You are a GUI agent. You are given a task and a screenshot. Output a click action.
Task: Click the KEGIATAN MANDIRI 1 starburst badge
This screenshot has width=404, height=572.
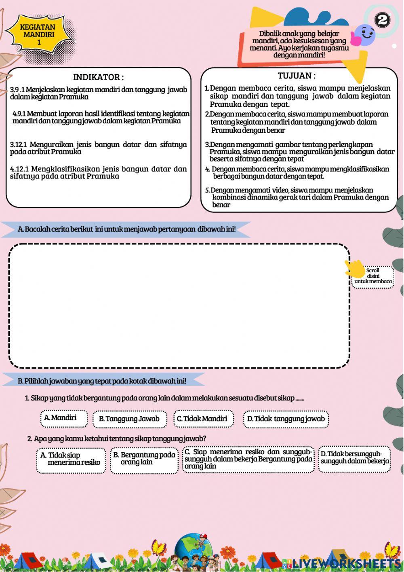pos(39,34)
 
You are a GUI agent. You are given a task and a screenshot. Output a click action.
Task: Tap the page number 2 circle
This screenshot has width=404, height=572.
pos(382,20)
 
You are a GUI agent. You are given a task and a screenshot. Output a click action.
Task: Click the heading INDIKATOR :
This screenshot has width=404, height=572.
pos(98,77)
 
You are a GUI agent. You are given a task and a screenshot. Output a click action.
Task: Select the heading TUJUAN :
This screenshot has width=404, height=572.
pos(297,76)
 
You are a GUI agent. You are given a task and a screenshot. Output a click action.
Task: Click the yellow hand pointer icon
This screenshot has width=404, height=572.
pos(354,268)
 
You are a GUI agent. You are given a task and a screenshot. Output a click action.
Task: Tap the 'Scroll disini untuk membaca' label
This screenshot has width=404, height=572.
pos(373,276)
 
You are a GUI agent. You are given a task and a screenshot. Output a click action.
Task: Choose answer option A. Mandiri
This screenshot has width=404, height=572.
pos(64,418)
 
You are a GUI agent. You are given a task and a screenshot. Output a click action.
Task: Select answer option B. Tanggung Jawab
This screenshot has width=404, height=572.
pos(129,419)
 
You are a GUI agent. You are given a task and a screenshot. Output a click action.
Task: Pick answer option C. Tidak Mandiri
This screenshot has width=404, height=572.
pos(203,419)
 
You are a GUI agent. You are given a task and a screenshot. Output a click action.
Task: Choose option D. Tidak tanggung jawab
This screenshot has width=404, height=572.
pos(286,419)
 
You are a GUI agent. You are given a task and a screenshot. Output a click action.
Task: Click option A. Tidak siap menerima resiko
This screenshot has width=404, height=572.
pos(71,459)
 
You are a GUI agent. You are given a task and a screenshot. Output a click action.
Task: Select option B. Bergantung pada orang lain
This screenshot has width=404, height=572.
pos(144,459)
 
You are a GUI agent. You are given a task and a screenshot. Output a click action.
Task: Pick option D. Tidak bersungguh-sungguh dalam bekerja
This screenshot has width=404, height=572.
pos(354,458)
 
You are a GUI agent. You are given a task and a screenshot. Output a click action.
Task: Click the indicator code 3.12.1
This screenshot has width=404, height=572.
pos(18,144)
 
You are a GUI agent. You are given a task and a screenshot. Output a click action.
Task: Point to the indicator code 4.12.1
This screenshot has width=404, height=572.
pos(19,169)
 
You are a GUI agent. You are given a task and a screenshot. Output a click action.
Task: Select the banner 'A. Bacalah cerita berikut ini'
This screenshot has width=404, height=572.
pos(126,229)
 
